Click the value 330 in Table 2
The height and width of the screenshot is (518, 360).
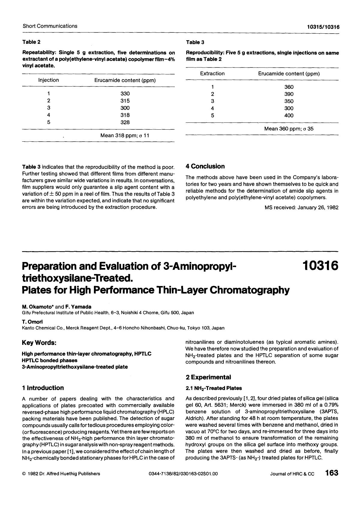[x=125, y=94]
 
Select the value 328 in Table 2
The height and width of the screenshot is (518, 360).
[x=125, y=122]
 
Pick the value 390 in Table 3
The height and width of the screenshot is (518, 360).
[x=289, y=94]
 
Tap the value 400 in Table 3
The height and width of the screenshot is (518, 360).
[x=289, y=116]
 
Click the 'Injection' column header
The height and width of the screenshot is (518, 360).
[x=49, y=80]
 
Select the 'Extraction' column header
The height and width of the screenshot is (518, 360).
[x=212, y=74]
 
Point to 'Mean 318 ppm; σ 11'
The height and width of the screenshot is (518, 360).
[x=124, y=136]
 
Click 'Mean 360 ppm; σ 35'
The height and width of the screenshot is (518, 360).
[x=289, y=129]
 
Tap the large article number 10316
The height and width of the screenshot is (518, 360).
[x=320, y=266]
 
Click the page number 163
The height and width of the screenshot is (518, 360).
[x=331, y=473]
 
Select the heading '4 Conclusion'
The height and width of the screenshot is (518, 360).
[x=205, y=167]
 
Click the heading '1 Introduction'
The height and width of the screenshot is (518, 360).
[x=43, y=388]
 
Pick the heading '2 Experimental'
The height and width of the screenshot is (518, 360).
[x=208, y=378]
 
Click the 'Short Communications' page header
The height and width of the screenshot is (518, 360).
[x=50, y=26]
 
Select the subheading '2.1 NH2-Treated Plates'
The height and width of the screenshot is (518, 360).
[x=214, y=388]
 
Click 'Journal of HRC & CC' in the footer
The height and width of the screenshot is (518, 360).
[x=292, y=474]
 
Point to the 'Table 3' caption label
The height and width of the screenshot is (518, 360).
[x=195, y=42]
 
